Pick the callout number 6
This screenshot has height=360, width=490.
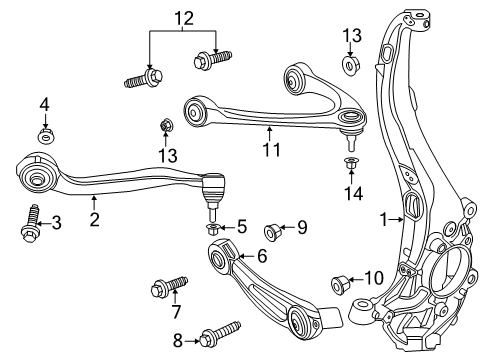point(261,256)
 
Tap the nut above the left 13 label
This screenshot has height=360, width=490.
point(167,126)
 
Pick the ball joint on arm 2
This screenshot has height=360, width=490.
point(212,187)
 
